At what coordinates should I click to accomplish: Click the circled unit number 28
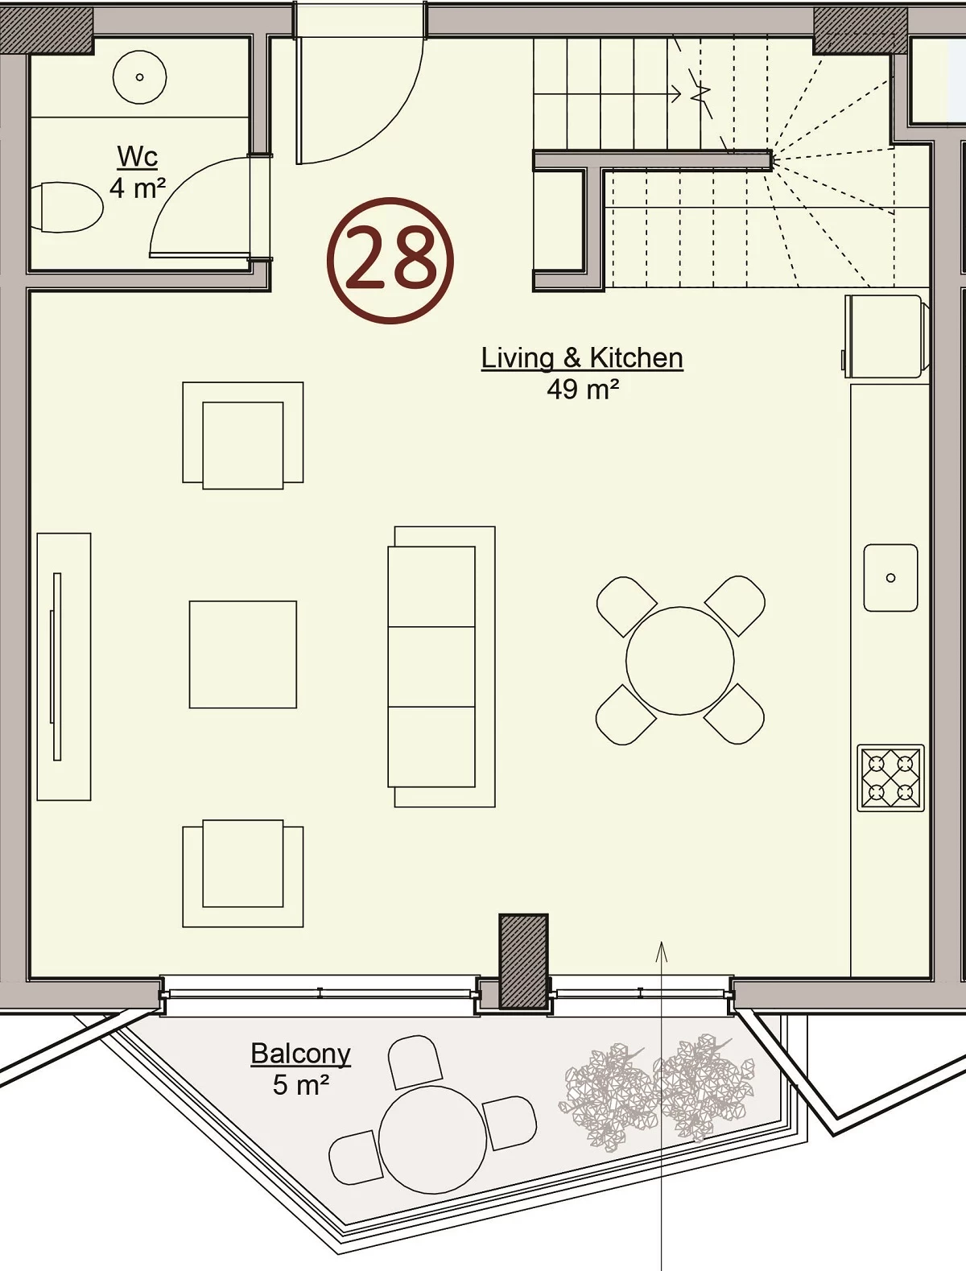(x=390, y=261)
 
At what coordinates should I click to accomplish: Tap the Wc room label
(x=138, y=156)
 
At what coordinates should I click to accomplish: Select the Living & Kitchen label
(x=582, y=358)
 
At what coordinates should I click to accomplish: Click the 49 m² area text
(x=583, y=389)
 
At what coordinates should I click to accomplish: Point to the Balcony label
(x=300, y=1054)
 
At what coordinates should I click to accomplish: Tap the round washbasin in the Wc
(x=139, y=77)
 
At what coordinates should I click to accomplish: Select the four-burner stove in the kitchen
(x=890, y=778)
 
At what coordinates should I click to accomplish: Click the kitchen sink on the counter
(x=890, y=578)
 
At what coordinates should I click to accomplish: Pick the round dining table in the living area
(x=680, y=661)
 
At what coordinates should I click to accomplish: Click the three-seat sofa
(x=441, y=666)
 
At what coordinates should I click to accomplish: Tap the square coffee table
(x=242, y=654)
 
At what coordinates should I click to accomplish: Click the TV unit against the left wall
(x=64, y=666)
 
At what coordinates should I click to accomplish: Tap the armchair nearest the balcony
(x=242, y=873)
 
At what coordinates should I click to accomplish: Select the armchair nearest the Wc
(x=242, y=435)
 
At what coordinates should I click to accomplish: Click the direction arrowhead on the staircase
(x=676, y=93)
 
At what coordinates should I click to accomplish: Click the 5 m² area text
(x=300, y=1085)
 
